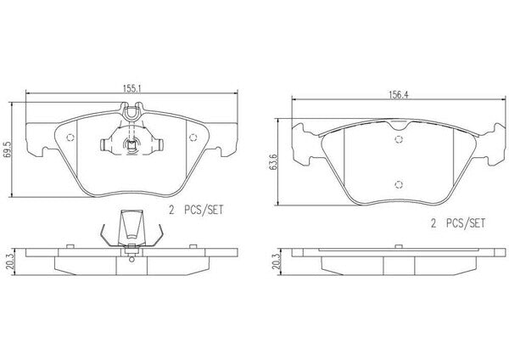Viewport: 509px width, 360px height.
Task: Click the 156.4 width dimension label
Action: [x=399, y=94]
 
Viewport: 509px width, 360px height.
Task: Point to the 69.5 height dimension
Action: [x=8, y=149]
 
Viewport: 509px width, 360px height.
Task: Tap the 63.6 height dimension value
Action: [x=274, y=162]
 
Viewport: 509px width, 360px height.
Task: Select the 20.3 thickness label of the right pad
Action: [x=276, y=262]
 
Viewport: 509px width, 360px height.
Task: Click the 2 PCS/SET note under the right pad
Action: [x=458, y=223]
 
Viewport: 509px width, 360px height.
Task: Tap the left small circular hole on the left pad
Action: [x=70, y=138]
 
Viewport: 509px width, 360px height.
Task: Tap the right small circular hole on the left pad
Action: [x=193, y=138]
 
